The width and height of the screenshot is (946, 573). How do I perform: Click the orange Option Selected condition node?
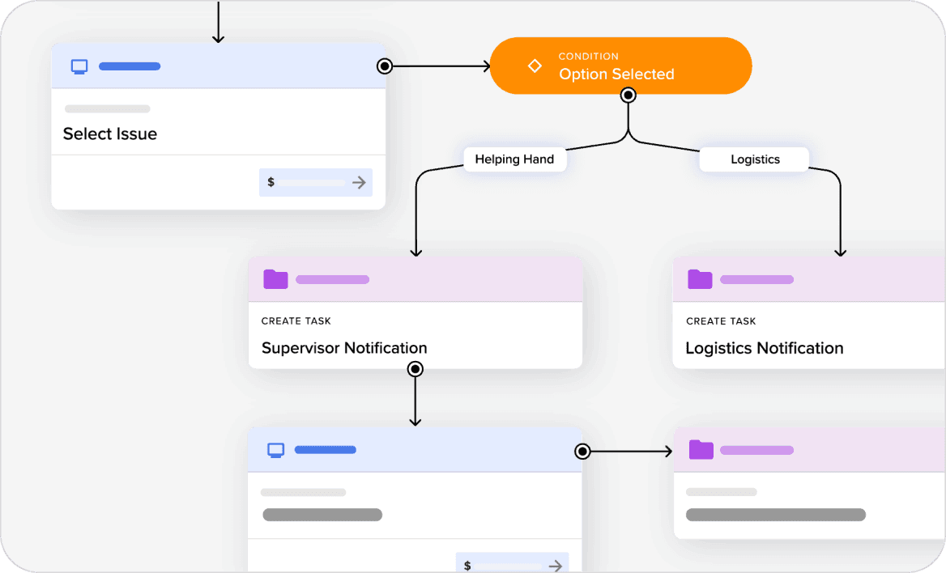620,66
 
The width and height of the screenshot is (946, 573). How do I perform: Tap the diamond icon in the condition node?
535,66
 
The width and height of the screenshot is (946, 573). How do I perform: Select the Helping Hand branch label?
514,159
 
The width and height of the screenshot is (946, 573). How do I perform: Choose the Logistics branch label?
754,159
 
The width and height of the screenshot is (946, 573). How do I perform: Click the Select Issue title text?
110,134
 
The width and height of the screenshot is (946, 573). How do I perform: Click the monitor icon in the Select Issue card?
79,66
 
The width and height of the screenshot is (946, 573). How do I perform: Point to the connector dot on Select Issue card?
385,66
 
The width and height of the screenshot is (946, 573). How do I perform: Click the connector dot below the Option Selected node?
628,95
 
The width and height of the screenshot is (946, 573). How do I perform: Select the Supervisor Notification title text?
344,348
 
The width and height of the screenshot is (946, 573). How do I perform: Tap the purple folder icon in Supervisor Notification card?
275,279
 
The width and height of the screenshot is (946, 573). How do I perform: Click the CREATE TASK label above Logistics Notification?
721,321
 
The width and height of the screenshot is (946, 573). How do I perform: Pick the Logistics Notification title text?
764,348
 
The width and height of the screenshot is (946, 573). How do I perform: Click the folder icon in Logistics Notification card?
700,279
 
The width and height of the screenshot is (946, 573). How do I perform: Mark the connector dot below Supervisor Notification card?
415,369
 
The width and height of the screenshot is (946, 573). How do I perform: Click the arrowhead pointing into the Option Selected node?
486,66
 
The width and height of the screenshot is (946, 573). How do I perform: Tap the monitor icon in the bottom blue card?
275,450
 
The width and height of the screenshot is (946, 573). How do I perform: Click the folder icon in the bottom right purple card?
701,450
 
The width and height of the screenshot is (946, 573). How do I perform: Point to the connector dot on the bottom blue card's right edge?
582,452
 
